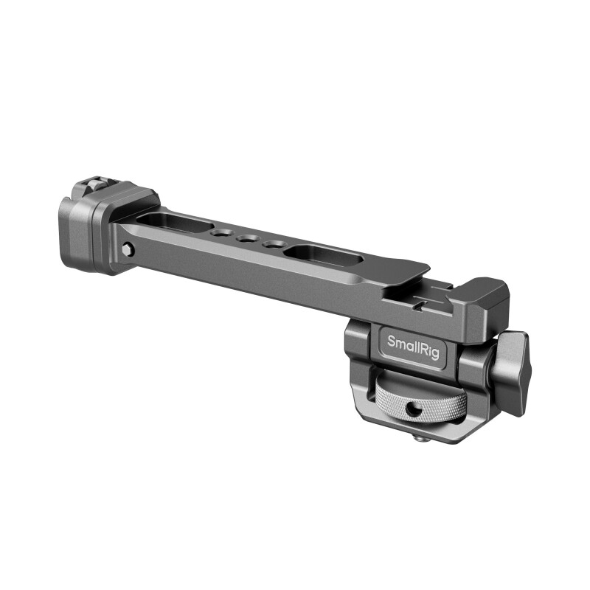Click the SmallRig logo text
click(414, 344)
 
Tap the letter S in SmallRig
click(393, 341)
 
